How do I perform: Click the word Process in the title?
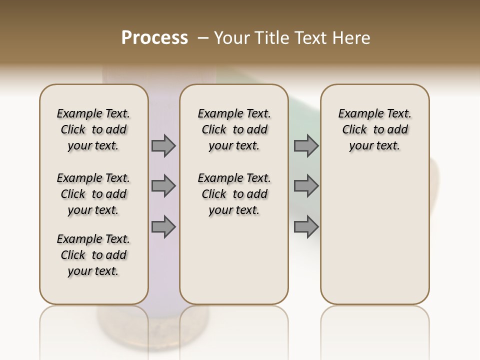point(154,37)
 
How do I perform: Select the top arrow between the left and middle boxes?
point(163,146)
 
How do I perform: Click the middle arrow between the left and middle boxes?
point(163,186)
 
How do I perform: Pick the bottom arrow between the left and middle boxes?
point(163,226)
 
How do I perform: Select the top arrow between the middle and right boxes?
point(306,146)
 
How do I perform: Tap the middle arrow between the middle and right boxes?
point(306,186)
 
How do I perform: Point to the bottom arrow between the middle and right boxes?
point(306,226)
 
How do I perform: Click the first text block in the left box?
point(93,129)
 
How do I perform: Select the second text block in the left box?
point(93,194)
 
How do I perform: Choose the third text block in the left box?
point(93,255)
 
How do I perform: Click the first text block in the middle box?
point(234,129)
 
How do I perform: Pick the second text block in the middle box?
point(234,194)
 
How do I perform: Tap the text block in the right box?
point(374,129)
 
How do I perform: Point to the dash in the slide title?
point(202,37)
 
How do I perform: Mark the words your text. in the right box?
point(374,146)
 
